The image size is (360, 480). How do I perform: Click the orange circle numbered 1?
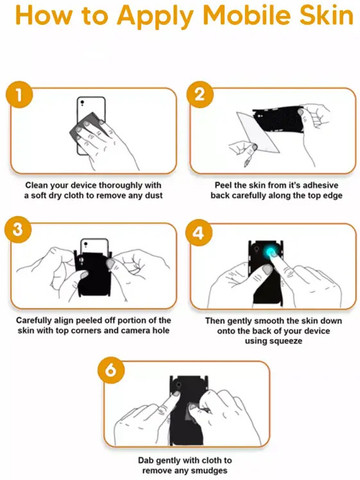point(19,94)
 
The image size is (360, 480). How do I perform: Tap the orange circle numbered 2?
point(200,94)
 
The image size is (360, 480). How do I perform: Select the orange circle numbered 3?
point(18,230)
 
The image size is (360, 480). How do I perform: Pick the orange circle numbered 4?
point(199,233)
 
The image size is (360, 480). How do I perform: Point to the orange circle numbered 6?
point(111,370)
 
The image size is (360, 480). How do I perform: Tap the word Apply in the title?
point(155,17)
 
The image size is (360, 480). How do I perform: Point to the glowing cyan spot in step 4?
point(271,252)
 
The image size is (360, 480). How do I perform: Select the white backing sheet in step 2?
point(258,132)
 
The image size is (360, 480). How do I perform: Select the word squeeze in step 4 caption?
point(286,341)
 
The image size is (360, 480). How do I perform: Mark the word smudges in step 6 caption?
point(211,471)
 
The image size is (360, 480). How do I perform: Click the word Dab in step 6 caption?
point(146,460)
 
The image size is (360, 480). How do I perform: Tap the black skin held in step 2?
point(278,119)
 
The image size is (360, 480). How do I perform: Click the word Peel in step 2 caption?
point(223,185)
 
